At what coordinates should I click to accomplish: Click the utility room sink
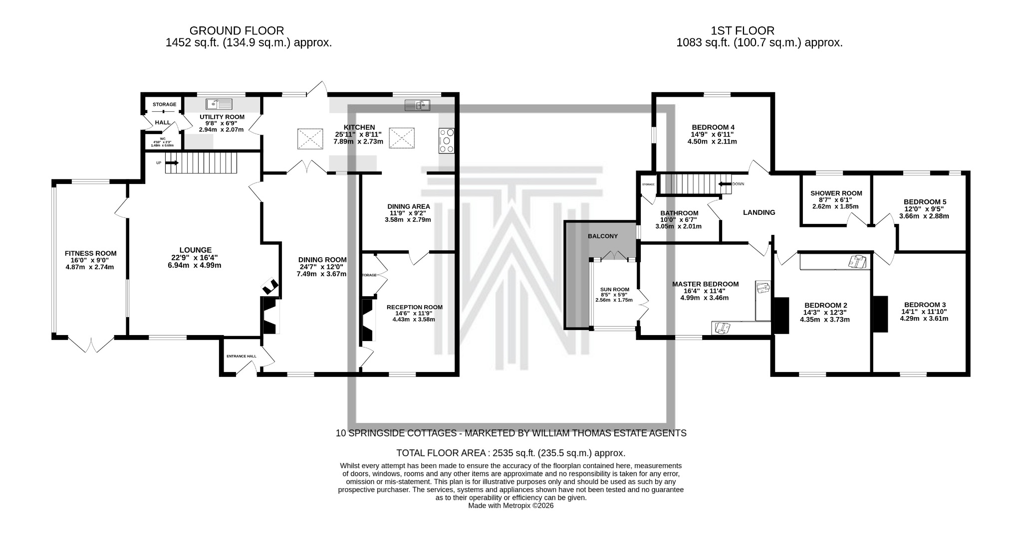[219, 104]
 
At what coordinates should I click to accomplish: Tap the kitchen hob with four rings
[446, 141]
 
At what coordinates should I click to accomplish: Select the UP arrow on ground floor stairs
[172, 163]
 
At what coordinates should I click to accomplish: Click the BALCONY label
[603, 236]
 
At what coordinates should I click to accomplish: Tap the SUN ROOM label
[614, 289]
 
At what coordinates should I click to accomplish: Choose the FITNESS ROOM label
[90, 253]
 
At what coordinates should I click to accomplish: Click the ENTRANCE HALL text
[241, 357]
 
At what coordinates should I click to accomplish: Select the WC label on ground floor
[162, 139]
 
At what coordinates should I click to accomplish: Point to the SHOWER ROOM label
[836, 193]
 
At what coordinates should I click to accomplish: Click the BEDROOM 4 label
[713, 127]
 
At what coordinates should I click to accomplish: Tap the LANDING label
[759, 212]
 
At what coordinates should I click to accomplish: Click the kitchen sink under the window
[417, 105]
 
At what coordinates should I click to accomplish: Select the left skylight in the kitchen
[309, 138]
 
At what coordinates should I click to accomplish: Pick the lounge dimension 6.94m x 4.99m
[194, 265]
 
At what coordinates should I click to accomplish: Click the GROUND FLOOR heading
[237, 31]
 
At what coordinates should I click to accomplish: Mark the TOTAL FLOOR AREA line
[510, 453]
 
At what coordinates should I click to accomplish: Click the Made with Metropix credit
[511, 506]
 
